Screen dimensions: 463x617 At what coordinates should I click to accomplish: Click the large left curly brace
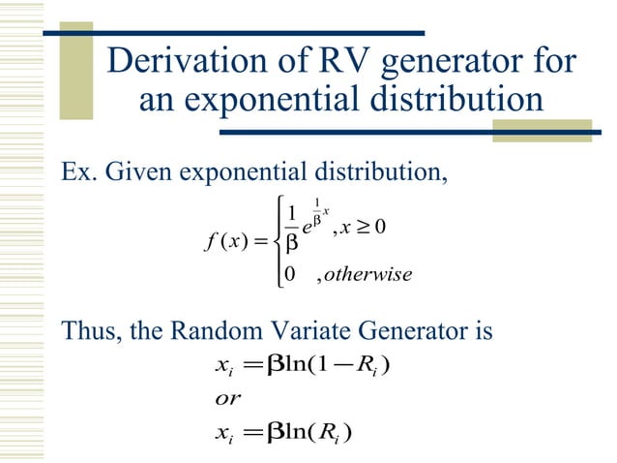click(279, 242)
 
